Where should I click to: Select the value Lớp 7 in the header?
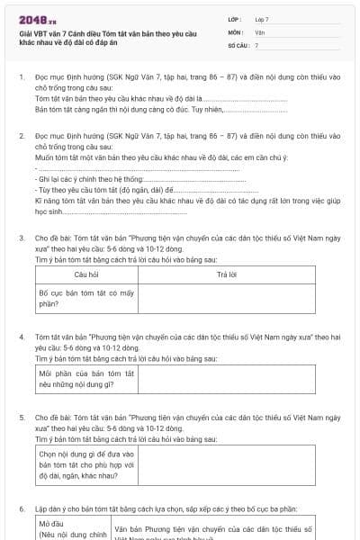[262, 19]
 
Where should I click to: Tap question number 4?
[22, 335]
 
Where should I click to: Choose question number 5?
[22, 418]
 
